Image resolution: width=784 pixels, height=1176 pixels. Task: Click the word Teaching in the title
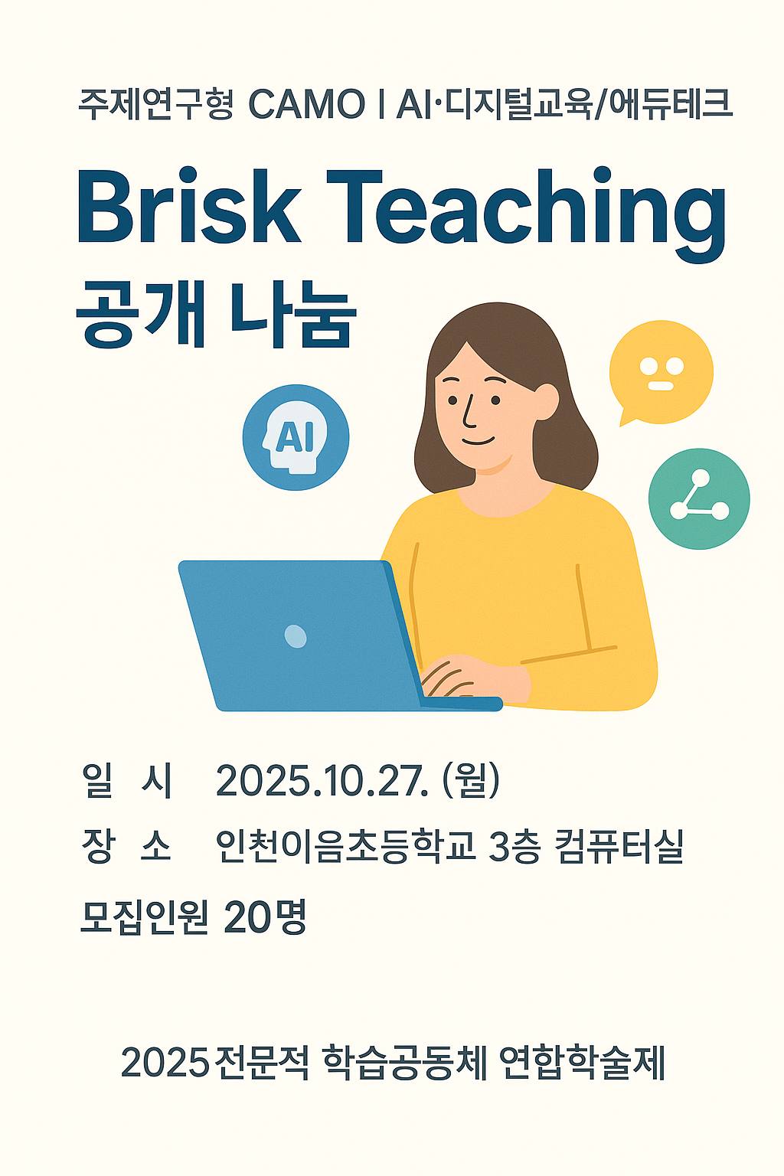[x=526, y=214]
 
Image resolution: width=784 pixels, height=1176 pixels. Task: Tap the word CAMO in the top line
[x=306, y=104]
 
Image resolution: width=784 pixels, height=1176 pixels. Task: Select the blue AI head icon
[x=296, y=437]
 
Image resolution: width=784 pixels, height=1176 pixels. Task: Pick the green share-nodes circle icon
[x=699, y=498]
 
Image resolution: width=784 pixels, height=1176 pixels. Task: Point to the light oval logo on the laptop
[x=296, y=636]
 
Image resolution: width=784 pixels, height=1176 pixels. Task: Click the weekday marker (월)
[x=471, y=780]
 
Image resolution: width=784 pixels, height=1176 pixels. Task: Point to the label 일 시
[x=127, y=781]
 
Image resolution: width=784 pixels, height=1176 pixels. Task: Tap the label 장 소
[x=126, y=846]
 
